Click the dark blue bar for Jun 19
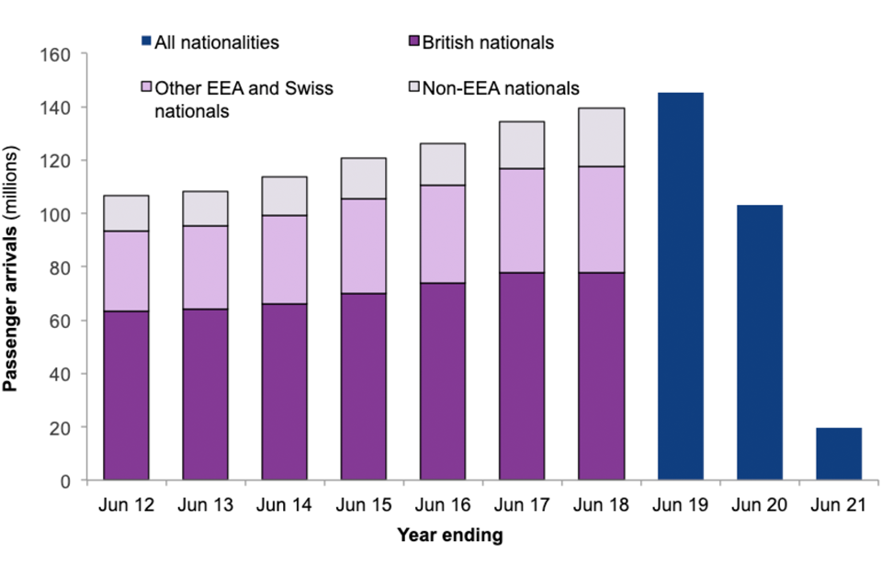[x=681, y=286]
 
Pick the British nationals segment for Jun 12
[x=126, y=395]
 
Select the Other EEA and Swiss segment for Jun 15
[x=364, y=246]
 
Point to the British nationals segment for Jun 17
[x=522, y=376]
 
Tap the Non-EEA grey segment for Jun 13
[x=205, y=209]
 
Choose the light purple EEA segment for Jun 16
[x=443, y=234]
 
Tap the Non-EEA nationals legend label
[x=502, y=88]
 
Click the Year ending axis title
[x=449, y=535]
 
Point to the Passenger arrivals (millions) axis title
[x=13, y=267]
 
